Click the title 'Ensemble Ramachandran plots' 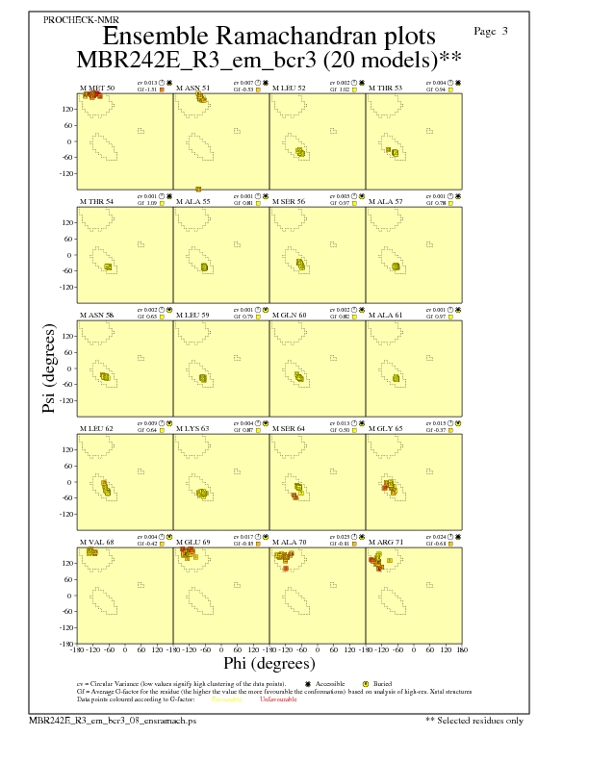click(x=269, y=36)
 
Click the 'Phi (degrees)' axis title click(x=269, y=663)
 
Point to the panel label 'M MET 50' click(x=97, y=88)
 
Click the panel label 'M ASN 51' click(x=193, y=88)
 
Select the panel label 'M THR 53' click(x=386, y=88)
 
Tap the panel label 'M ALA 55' click(x=193, y=202)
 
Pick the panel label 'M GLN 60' click(x=290, y=314)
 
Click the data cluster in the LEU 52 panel click(x=300, y=152)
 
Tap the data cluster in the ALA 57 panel click(x=397, y=267)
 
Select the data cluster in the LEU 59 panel click(x=203, y=378)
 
